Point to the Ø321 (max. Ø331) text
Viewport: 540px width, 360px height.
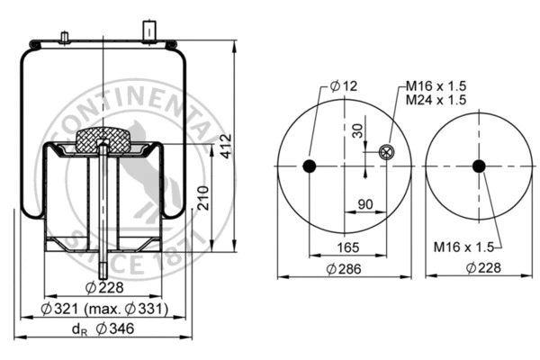tap(104, 310)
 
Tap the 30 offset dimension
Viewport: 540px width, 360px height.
tap(359, 132)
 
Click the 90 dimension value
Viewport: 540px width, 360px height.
tap(365, 204)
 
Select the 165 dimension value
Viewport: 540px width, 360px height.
tap(348, 247)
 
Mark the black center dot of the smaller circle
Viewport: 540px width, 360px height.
tap(478, 166)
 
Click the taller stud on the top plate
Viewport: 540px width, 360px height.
tap(145, 29)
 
